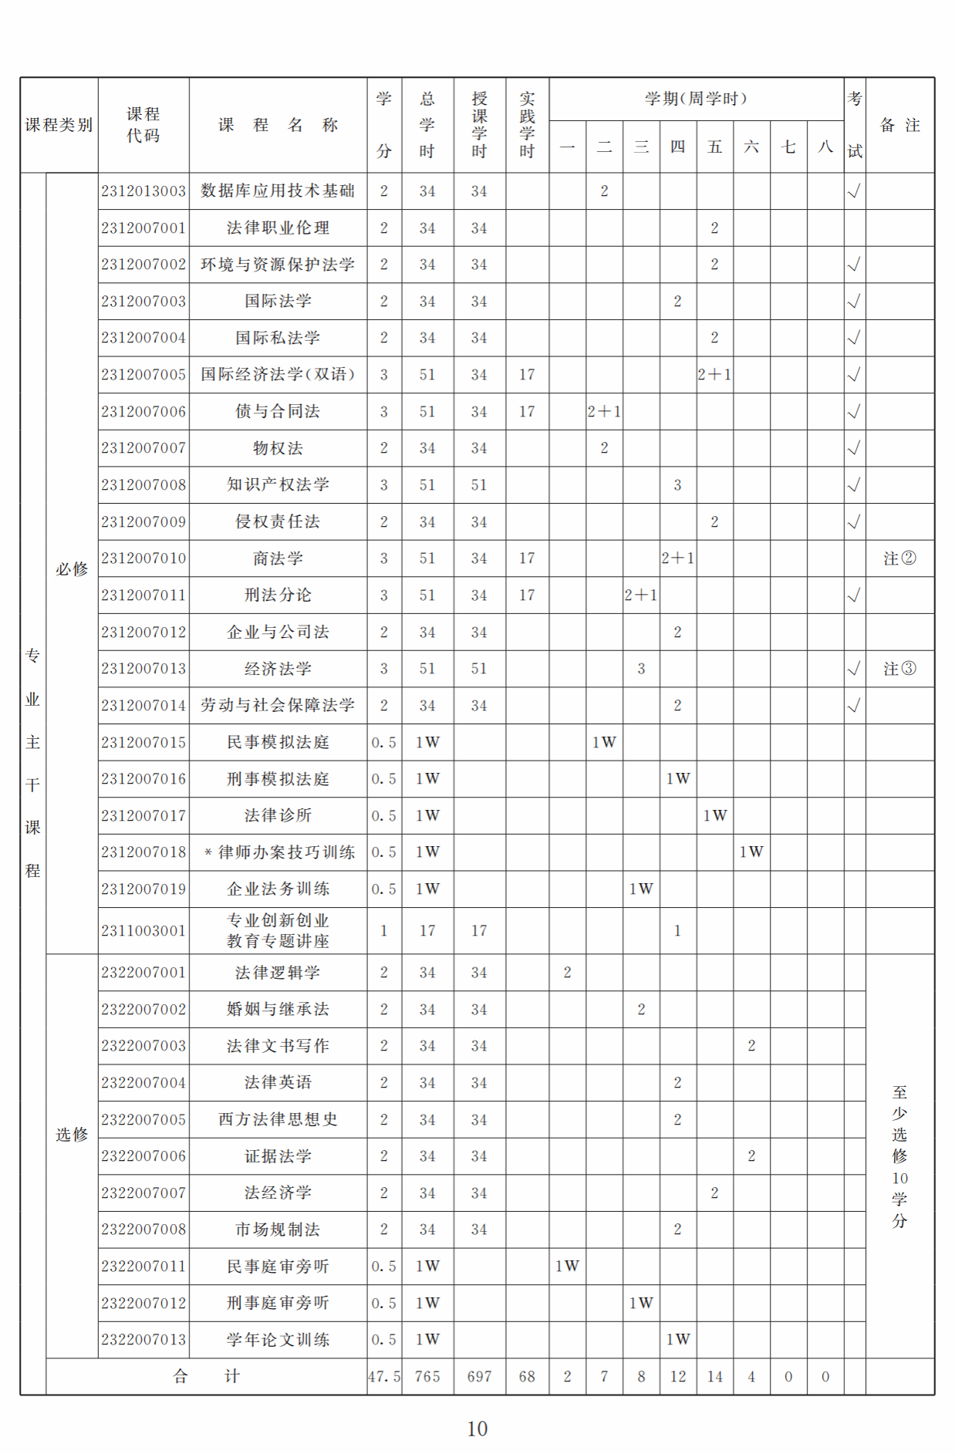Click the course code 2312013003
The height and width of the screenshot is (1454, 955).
(x=143, y=191)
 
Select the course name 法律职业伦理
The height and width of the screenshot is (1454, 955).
(x=278, y=228)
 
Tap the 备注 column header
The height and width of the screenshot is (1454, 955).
(x=899, y=125)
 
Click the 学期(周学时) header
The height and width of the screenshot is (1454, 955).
(x=696, y=99)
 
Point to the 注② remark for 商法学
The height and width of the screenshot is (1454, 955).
(x=899, y=558)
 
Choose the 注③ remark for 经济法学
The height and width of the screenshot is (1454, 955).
(x=899, y=669)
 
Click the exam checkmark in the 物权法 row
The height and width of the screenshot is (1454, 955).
(x=854, y=448)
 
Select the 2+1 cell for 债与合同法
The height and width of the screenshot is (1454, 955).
(x=604, y=412)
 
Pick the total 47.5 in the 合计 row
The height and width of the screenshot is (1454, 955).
(x=384, y=1377)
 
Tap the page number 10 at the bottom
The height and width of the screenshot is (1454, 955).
(x=477, y=1429)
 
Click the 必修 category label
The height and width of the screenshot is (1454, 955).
(x=72, y=569)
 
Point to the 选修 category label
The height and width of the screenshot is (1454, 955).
(x=72, y=1135)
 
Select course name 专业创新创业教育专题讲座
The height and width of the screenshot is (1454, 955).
(x=278, y=931)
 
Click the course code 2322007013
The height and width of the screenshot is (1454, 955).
(x=143, y=1340)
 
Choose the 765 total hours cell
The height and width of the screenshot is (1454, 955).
(x=427, y=1377)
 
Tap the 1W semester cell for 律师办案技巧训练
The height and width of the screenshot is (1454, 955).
(x=751, y=852)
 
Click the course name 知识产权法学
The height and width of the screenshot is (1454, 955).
(x=278, y=485)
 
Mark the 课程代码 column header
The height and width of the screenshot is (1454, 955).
(x=143, y=125)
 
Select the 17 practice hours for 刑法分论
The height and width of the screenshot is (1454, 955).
(x=527, y=595)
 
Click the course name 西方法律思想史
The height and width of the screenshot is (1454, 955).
(x=278, y=1119)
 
